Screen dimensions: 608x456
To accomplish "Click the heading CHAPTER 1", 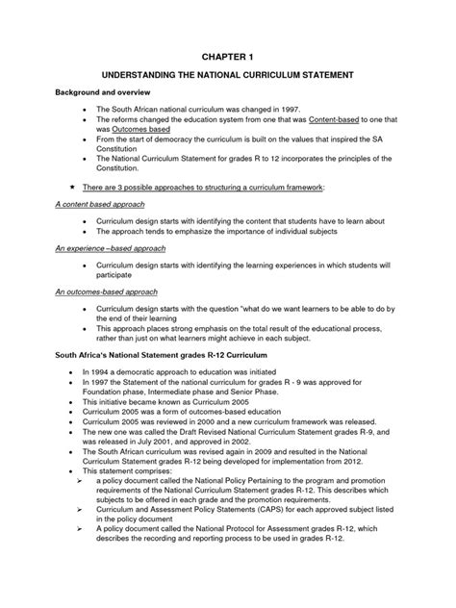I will coord(228,57).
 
